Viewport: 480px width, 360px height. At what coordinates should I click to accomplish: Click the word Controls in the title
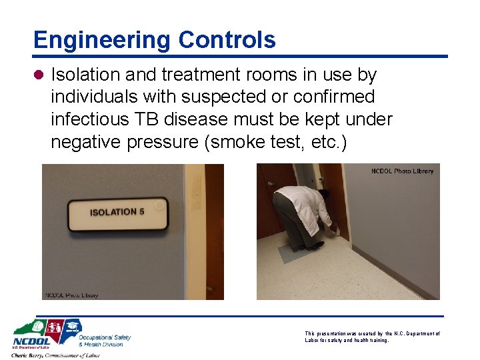(x=227, y=40)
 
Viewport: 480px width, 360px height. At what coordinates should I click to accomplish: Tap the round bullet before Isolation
(x=40, y=75)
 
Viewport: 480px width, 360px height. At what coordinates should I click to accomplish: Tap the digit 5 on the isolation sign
(x=141, y=212)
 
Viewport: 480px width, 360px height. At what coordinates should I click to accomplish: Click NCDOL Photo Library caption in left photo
(x=72, y=295)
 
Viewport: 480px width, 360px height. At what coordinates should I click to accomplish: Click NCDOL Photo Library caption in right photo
(x=402, y=171)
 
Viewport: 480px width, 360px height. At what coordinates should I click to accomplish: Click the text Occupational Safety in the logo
(x=105, y=337)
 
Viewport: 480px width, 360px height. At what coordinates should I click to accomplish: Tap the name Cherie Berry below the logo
(x=33, y=355)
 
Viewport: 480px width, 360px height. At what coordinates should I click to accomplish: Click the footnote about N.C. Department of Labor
(x=372, y=337)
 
